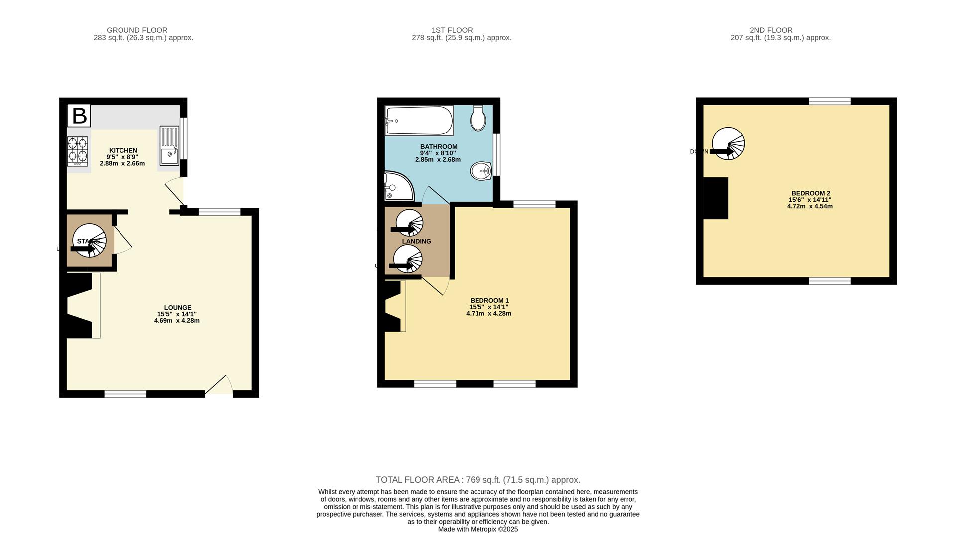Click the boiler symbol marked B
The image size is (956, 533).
pos(79,116)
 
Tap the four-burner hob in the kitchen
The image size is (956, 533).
pos(77,151)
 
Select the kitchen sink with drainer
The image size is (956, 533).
pos(169,145)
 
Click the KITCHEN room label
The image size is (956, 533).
pos(123,150)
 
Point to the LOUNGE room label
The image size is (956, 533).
pos(178,308)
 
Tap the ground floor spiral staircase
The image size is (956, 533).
pos(90,241)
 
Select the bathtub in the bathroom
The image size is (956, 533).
pos(419,121)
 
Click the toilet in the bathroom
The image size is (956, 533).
pos(478,118)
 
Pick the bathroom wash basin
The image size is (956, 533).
pos(481,171)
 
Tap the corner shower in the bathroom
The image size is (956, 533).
pos(397,187)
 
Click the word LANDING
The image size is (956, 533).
pos(417,241)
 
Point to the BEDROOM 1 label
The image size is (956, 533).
pos(489,300)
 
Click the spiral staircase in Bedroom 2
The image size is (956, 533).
pos(728,143)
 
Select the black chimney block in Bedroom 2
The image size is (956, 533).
pos(716,198)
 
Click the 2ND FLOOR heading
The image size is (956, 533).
pos(771,30)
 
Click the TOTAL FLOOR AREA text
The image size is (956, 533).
pos(478,480)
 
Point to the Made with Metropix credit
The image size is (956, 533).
pos(478,529)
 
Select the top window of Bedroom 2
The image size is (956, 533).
pos(830,101)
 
